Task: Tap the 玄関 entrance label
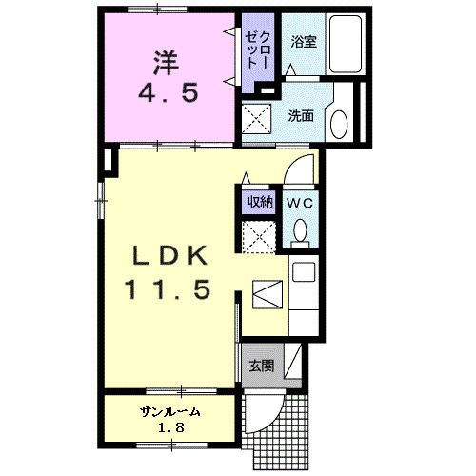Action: (x=260, y=366)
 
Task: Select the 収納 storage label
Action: (x=260, y=201)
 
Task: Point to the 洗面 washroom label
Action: (x=302, y=116)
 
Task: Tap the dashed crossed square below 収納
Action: (x=257, y=235)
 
